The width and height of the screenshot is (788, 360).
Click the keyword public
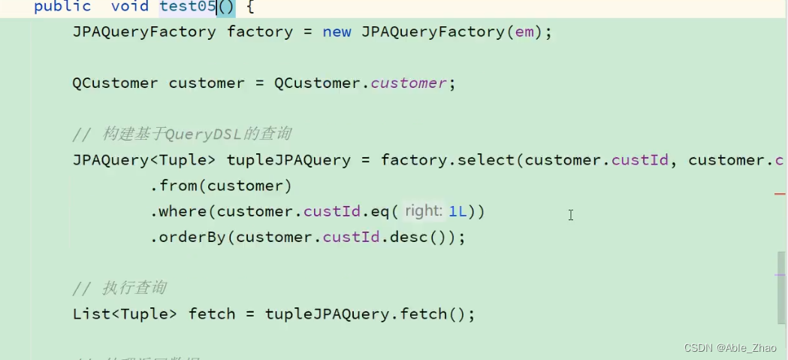62,7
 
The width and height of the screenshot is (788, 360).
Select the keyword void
129,7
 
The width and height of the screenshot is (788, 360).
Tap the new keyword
337,32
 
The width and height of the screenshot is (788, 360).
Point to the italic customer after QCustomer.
409,83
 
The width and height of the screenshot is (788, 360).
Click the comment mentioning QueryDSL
182,135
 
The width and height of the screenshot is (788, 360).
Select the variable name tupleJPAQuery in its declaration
288,160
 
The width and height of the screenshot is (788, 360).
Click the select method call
485,160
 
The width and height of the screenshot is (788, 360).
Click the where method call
183,212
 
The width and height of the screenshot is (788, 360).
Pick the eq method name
379,212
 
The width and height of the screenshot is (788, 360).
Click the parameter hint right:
423,211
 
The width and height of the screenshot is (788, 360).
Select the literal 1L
457,212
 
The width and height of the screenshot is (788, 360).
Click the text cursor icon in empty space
571,215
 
